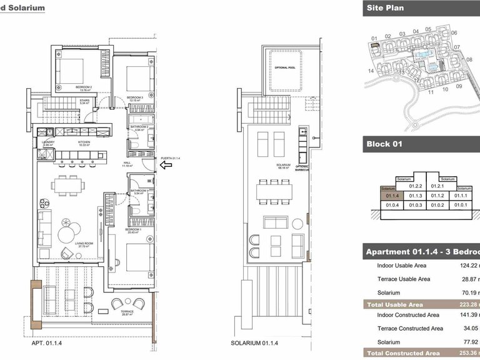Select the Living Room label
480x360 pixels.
click(84, 245)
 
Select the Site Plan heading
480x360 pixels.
click(385, 8)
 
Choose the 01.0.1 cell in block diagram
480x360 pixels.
click(461, 205)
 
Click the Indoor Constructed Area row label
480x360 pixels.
click(408, 314)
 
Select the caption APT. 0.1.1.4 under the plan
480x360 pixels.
click(46, 343)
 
